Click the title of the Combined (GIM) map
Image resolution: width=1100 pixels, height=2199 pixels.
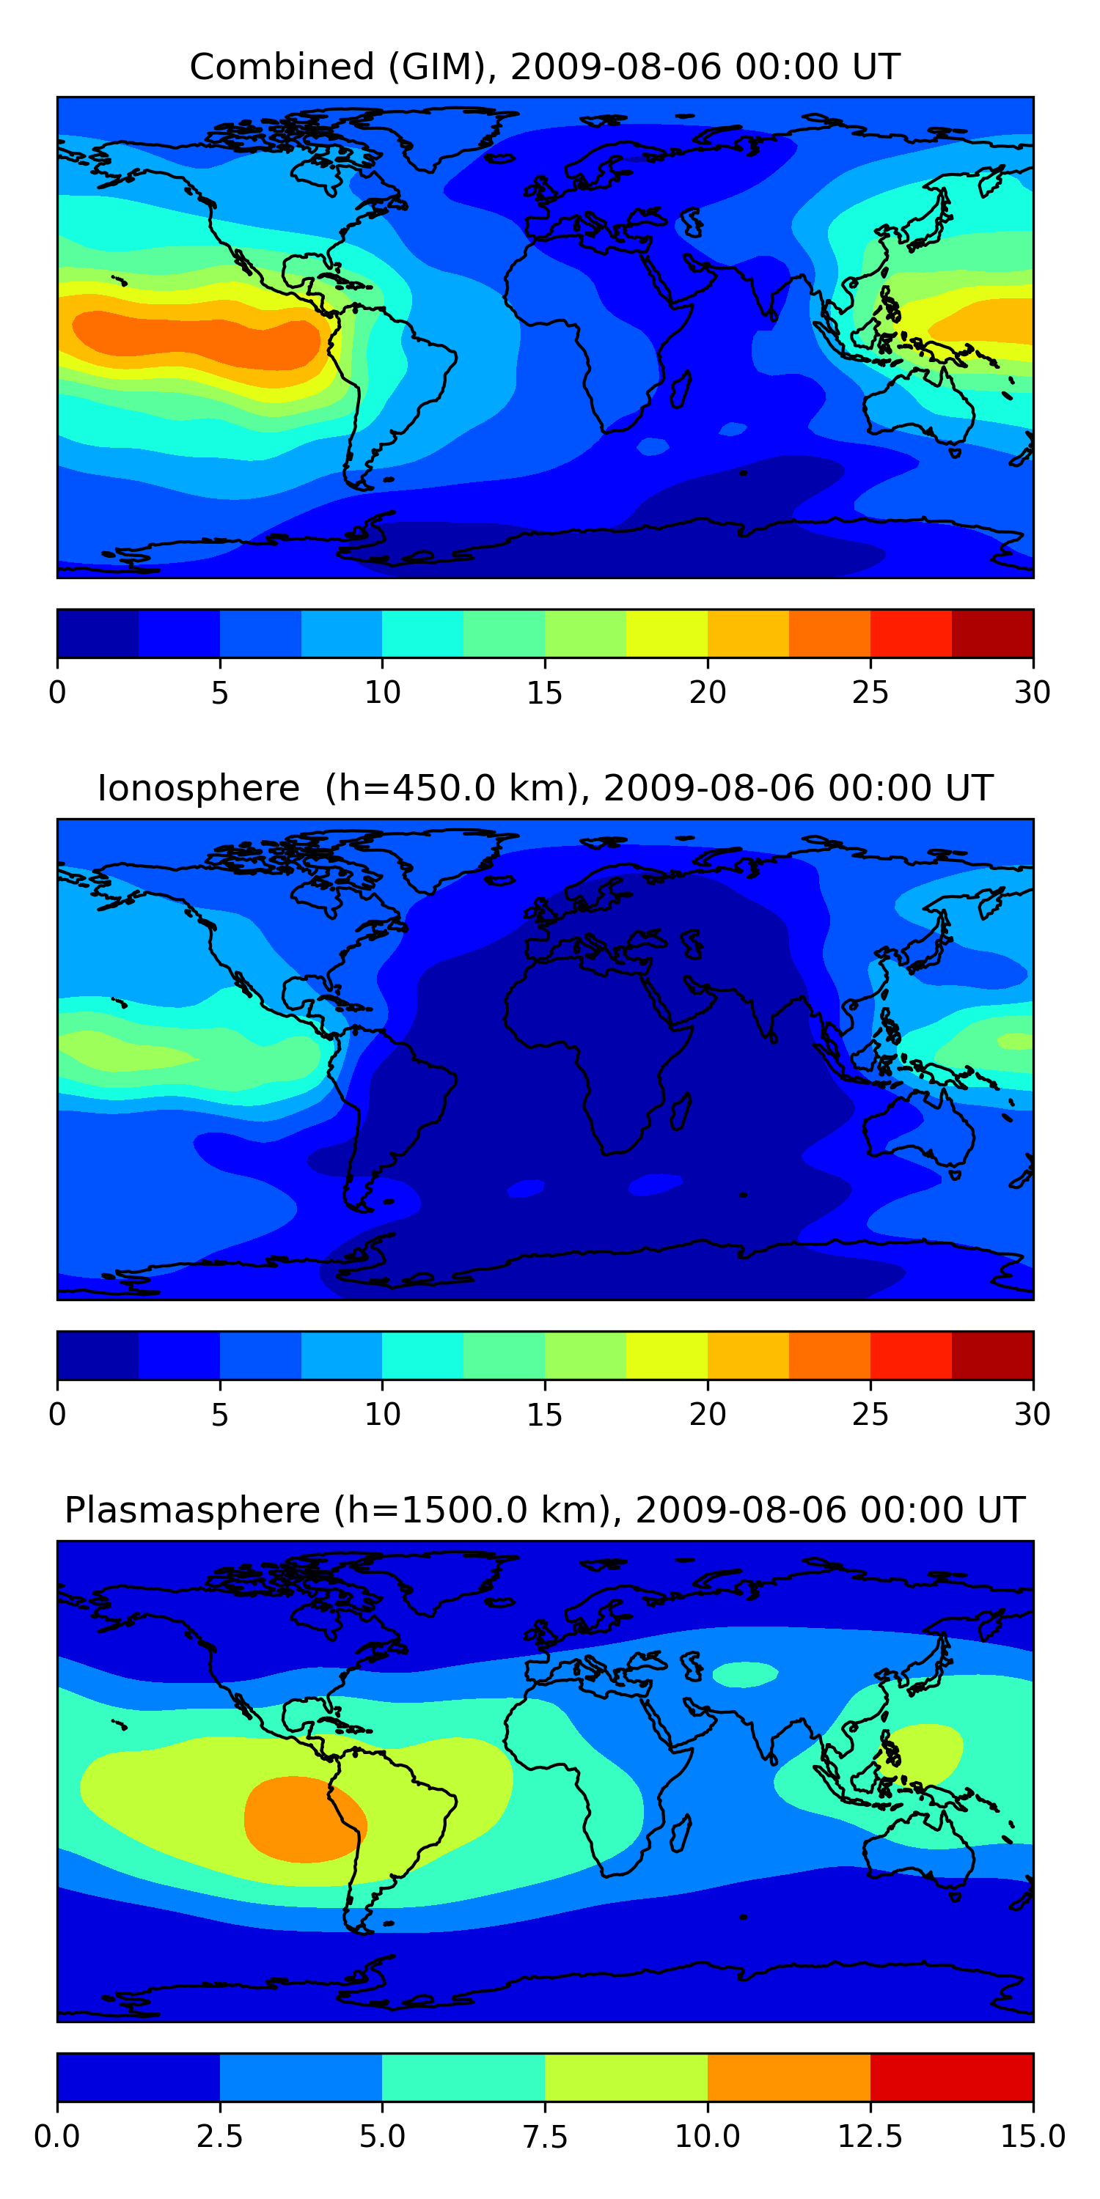coord(545,67)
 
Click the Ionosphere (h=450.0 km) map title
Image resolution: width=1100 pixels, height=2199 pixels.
coord(545,788)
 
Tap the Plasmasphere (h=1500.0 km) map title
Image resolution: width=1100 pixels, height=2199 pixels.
coord(545,1510)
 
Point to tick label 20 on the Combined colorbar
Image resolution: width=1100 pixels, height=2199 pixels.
coord(707,692)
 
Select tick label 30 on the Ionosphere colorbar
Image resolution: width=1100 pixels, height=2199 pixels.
coord(1032,1415)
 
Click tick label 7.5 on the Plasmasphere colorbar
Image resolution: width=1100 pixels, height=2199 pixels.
coord(545,2137)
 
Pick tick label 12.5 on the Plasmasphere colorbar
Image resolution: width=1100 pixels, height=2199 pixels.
coord(870,2137)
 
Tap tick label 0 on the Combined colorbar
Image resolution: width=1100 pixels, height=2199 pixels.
coord(57,692)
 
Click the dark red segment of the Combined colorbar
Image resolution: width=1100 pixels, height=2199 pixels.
coord(992,633)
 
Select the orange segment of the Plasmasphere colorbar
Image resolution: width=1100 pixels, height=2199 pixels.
coord(788,2077)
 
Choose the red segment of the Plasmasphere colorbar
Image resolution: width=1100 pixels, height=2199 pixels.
coord(951,2077)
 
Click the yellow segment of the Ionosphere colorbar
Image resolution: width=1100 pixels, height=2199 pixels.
coord(666,1355)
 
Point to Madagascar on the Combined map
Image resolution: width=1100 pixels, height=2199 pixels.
coord(681,388)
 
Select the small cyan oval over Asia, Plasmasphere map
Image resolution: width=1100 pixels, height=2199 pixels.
coord(745,1674)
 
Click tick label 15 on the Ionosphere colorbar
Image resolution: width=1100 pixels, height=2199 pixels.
coord(545,1415)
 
